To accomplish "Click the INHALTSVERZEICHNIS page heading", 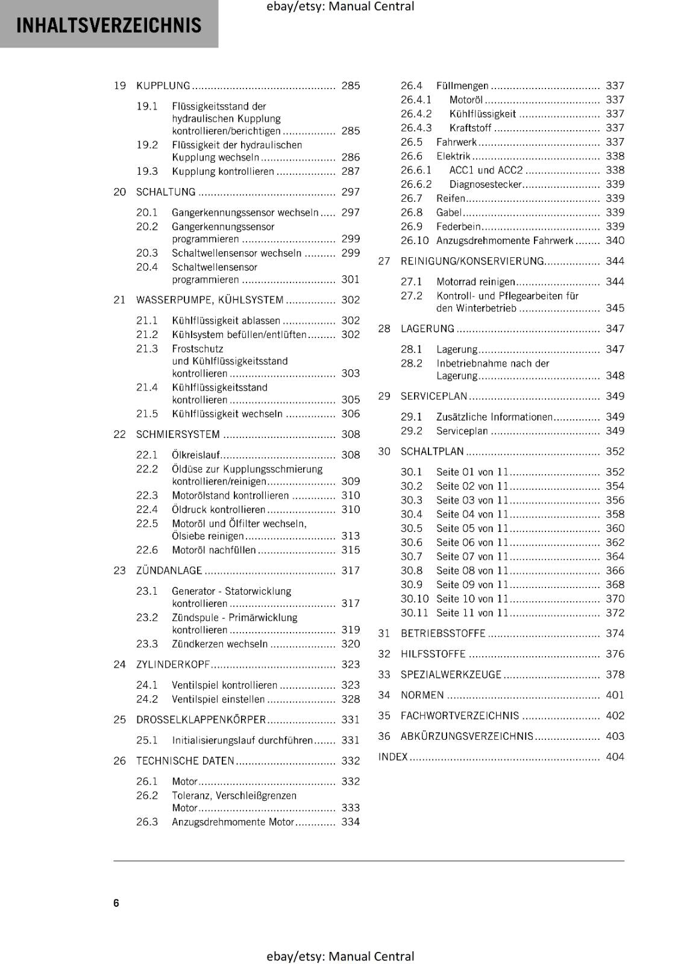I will click(108, 25).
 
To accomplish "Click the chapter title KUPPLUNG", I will click(163, 86).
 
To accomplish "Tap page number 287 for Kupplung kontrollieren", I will click(350, 172).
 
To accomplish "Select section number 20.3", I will click(146, 253).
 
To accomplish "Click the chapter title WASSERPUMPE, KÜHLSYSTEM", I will click(209, 300).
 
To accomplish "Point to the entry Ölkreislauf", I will click(196, 455).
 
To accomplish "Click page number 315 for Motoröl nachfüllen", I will click(350, 550).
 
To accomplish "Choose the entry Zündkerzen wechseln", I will click(219, 644).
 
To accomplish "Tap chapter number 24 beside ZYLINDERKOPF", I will click(119, 665).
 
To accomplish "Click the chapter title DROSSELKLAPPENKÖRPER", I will click(201, 720).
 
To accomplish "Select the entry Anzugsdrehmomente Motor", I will click(233, 822).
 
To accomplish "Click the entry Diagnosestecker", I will click(485, 184).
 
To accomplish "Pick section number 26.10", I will click(414, 241).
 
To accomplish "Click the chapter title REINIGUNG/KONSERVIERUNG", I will click(472, 261).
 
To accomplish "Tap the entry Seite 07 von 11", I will click(472, 557).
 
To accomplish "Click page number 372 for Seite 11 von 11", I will click(615, 613).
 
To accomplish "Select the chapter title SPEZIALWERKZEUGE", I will click(451, 675).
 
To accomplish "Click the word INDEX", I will click(393, 757).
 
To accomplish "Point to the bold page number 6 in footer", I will click(116, 903).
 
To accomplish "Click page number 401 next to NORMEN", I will click(615, 695).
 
